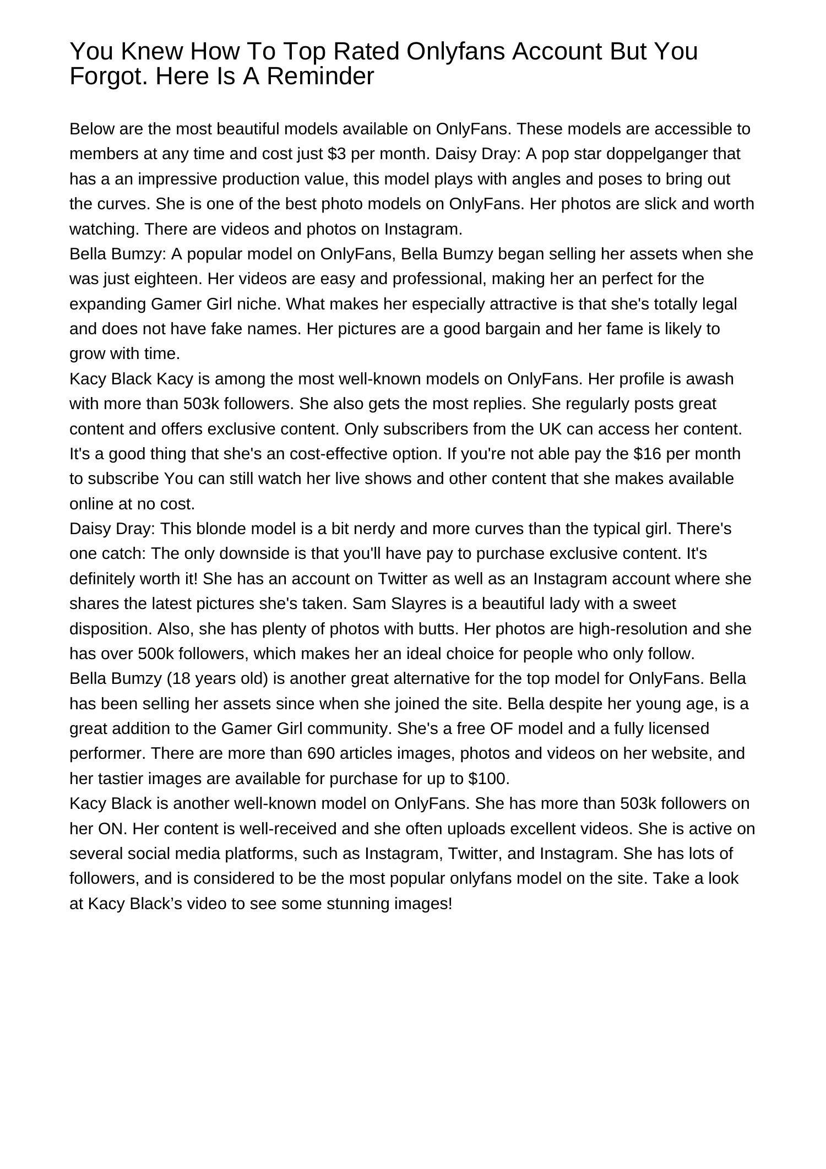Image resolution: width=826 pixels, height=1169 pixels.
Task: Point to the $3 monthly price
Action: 336,154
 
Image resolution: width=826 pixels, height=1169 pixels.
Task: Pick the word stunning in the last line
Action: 356,904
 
